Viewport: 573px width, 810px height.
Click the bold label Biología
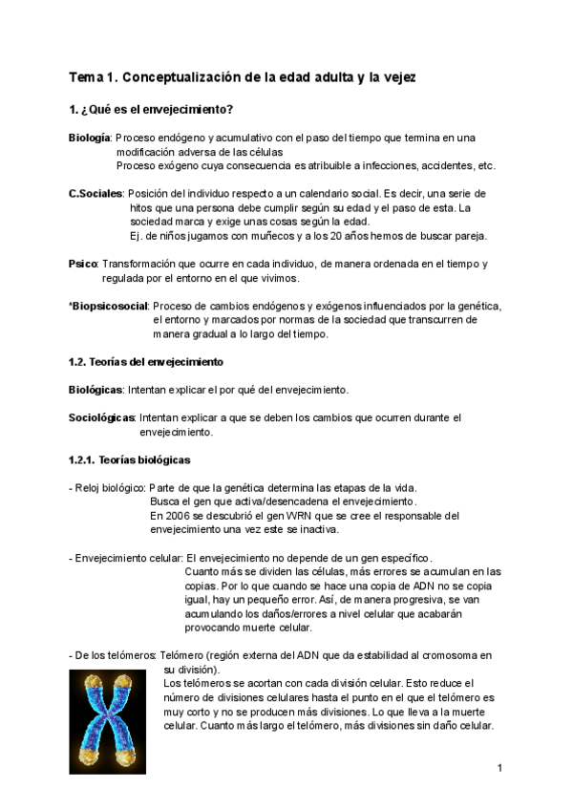pyautogui.click(x=91, y=139)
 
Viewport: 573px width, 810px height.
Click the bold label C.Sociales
pyautogui.click(x=95, y=193)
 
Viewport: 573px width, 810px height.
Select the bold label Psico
pyautogui.click(x=83, y=264)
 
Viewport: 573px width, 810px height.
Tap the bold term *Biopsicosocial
pyautogui.click(x=109, y=306)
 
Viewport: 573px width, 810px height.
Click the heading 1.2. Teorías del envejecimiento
pyautogui.click(x=146, y=362)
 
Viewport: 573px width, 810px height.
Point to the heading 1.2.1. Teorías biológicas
pyautogui.click(x=129, y=459)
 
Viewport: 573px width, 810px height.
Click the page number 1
pyautogui.click(x=499, y=768)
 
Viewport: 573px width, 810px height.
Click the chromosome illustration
pyautogui.click(x=107, y=714)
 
